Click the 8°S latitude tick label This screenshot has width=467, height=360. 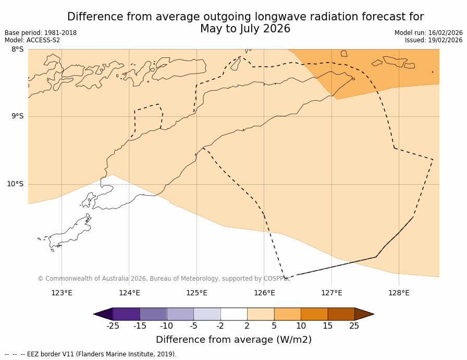click(17, 50)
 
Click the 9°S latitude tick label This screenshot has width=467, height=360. click(17, 116)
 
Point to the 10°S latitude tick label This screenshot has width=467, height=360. click(15, 184)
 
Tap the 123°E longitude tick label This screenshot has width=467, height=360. click(62, 293)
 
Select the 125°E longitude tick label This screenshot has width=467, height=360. click(196, 293)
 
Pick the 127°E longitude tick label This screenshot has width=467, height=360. click(331, 293)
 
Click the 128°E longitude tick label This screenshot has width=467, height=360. click(399, 293)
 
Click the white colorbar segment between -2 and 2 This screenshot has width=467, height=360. click(233, 314)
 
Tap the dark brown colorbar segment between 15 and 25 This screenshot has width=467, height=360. click(341, 314)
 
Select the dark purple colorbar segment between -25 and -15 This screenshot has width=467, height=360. click(126, 314)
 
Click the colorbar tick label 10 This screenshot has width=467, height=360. click(301, 326)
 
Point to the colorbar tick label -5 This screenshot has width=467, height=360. click(193, 326)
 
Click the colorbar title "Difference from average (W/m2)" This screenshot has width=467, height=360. click(233, 340)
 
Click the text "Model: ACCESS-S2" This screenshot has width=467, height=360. click(32, 40)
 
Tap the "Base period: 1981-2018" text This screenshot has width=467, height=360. click(41, 33)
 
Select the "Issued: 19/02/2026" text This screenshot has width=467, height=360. click(434, 40)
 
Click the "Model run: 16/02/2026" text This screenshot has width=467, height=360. click(428, 33)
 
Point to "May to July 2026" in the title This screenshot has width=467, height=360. click(245, 29)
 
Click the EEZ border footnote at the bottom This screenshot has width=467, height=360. click(91, 354)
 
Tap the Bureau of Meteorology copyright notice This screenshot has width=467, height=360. click(164, 279)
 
